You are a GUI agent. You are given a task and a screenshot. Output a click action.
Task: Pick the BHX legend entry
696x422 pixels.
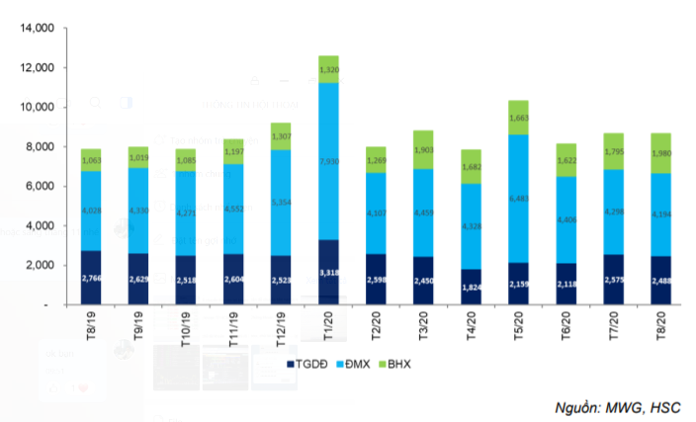(401, 366)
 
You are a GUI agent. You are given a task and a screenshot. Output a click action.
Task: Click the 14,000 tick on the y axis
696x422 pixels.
(35, 29)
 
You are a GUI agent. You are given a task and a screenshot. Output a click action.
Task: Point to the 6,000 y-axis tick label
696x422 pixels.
(38, 187)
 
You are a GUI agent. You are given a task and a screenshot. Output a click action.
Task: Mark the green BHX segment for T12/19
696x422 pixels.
(281, 136)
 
